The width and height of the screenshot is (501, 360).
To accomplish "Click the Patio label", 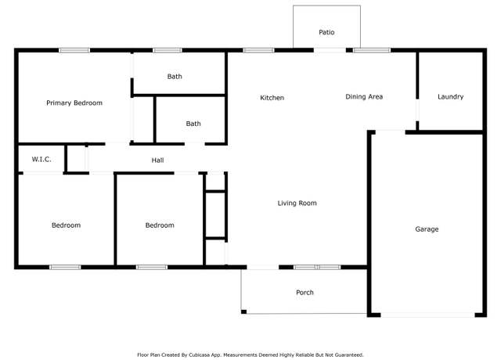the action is (x=326, y=32).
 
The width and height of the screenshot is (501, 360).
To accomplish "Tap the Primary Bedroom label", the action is (x=74, y=103).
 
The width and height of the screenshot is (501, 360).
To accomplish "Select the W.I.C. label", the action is (x=41, y=159).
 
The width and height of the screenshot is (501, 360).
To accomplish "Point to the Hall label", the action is (x=157, y=160).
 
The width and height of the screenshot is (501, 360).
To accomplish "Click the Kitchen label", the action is (x=272, y=98).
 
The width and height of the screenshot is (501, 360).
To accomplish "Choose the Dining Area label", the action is (x=364, y=96).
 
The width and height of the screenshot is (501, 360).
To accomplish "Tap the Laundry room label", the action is (x=451, y=97).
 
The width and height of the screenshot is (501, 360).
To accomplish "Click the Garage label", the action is (x=427, y=229).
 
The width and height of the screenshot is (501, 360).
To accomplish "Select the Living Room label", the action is (x=297, y=203).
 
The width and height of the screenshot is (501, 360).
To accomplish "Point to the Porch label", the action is (x=305, y=292).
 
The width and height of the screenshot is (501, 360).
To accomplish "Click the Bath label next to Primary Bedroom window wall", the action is (x=175, y=77).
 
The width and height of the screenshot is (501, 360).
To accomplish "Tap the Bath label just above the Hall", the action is (x=193, y=124).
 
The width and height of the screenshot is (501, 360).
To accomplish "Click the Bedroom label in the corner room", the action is (x=66, y=225).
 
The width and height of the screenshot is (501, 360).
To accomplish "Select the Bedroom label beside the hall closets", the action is (x=160, y=225).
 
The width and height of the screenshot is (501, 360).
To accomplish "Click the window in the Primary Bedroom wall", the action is (x=74, y=50).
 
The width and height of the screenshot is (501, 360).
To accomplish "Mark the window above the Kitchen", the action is (x=258, y=50).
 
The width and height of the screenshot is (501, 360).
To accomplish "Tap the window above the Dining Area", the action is (x=372, y=50).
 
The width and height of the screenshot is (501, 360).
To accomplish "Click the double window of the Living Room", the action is (x=317, y=267).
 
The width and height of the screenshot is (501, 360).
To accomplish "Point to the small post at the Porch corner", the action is (x=243, y=311).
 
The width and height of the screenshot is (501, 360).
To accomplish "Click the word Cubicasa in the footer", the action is (x=199, y=355).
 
